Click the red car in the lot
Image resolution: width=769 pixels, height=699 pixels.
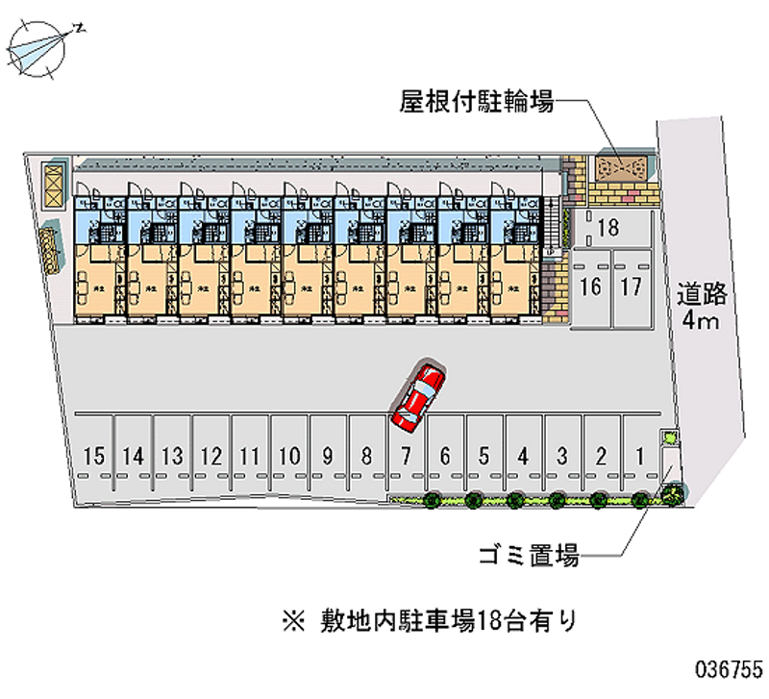[417, 394]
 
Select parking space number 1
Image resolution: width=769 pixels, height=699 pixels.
[639, 456]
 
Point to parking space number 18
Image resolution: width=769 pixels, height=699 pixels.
[607, 228]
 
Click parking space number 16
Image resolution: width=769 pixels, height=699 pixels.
[591, 286]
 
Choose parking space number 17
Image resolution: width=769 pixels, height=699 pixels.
[631, 286]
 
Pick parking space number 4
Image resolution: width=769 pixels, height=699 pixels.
[522, 456]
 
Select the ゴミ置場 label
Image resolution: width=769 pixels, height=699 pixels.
[529, 555]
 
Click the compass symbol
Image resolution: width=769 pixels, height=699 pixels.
[38, 48]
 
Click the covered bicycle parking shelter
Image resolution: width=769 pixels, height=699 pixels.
[621, 168]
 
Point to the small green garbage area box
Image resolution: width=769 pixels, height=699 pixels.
[669, 438]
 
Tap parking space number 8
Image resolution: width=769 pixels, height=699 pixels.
[366, 456]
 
